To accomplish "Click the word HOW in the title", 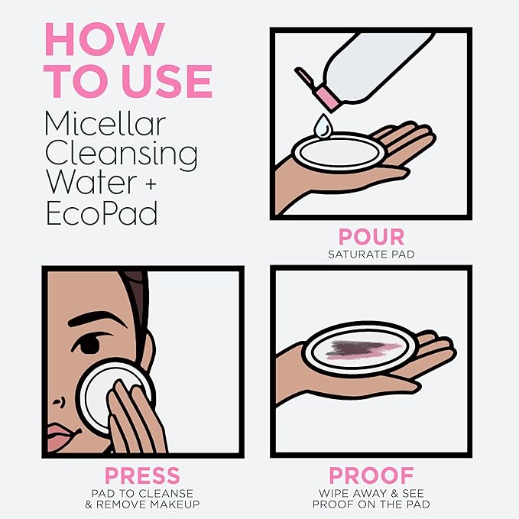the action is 105,39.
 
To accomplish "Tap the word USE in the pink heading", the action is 167,81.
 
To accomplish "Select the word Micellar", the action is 105,124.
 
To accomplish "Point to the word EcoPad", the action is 102,213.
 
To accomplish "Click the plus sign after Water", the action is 151,183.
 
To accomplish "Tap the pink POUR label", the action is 371,237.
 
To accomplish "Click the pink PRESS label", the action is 142,475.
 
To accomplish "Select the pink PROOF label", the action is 371,475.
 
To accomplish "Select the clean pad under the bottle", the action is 339,153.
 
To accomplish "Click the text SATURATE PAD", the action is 371,255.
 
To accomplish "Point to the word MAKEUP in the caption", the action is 175,504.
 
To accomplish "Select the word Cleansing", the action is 122,153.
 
